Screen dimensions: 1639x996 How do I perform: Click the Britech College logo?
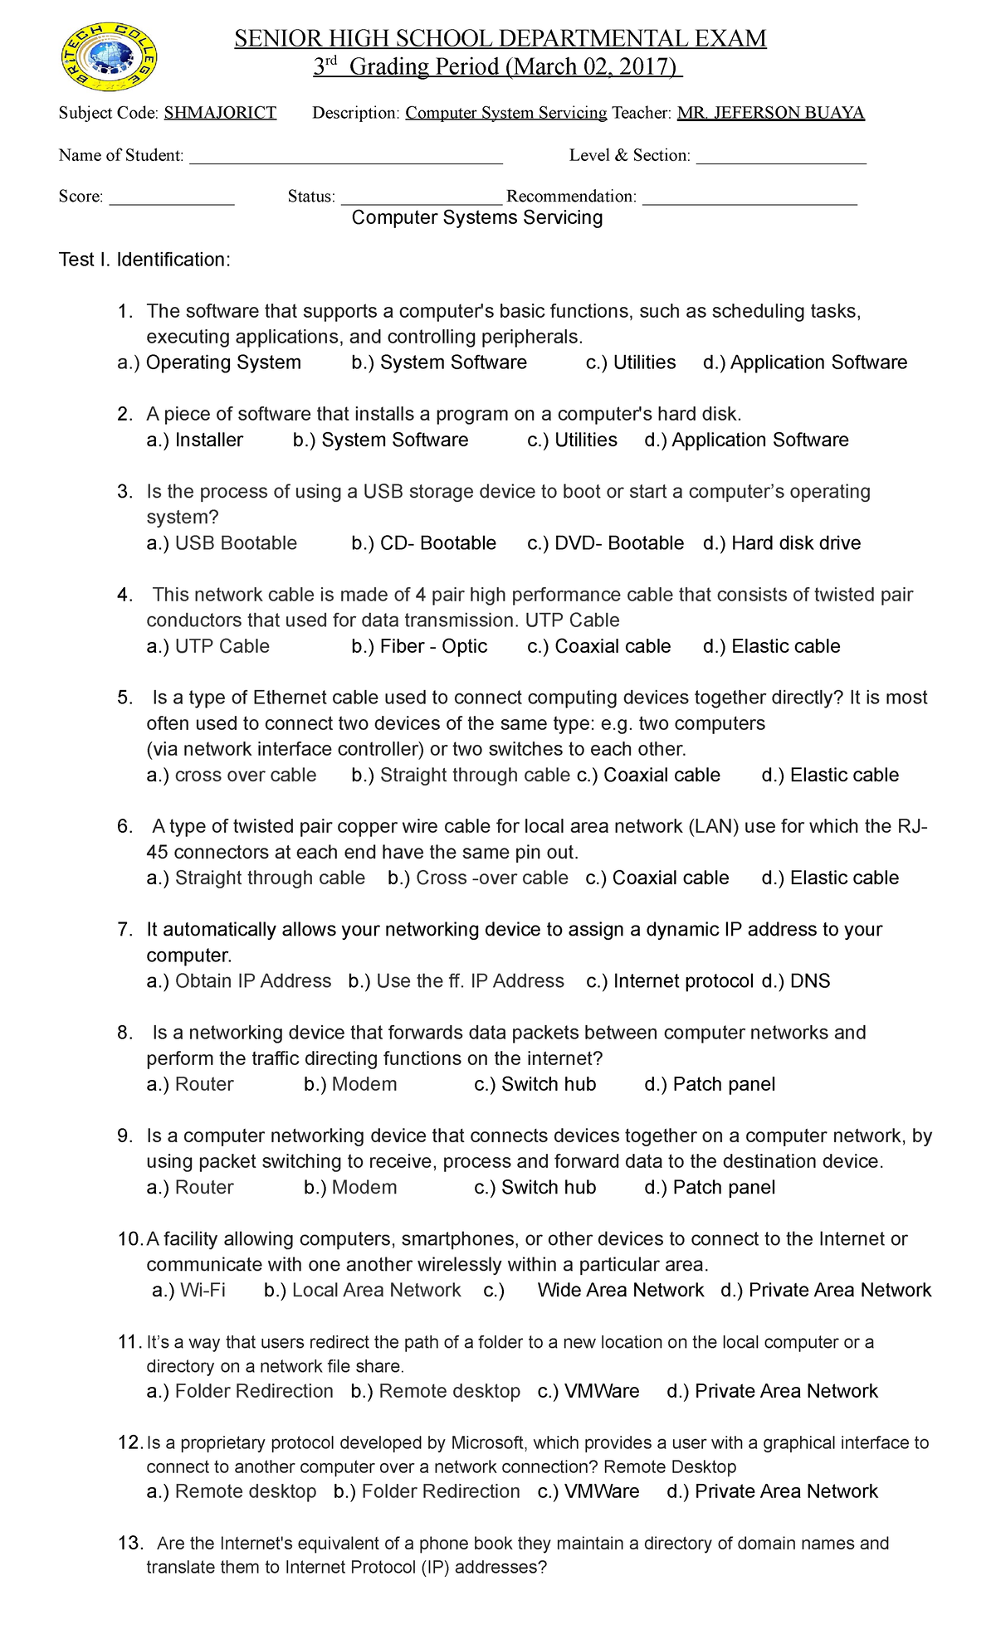coord(110,57)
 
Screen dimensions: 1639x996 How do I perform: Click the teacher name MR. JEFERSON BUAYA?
coord(770,113)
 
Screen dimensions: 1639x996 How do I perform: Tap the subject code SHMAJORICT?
coord(220,113)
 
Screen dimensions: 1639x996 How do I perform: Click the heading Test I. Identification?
coord(144,260)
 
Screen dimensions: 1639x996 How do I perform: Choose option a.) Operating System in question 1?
coord(209,362)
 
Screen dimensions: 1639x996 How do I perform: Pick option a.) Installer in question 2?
coord(195,440)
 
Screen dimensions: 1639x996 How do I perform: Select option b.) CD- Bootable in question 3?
coord(423,543)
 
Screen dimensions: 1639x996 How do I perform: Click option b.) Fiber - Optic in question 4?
coord(419,646)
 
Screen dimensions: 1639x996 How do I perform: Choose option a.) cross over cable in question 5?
coord(232,775)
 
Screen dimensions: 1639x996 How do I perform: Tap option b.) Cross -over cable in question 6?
coord(478,878)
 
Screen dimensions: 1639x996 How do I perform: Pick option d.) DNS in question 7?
coord(796,981)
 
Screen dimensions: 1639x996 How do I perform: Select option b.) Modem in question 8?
coord(350,1084)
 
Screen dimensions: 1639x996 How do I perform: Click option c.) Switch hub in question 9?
coord(535,1187)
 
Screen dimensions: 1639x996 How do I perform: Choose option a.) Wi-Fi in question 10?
coord(189,1290)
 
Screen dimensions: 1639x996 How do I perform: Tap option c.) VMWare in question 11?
coord(588,1391)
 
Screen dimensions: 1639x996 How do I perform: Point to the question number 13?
coord(130,1543)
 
